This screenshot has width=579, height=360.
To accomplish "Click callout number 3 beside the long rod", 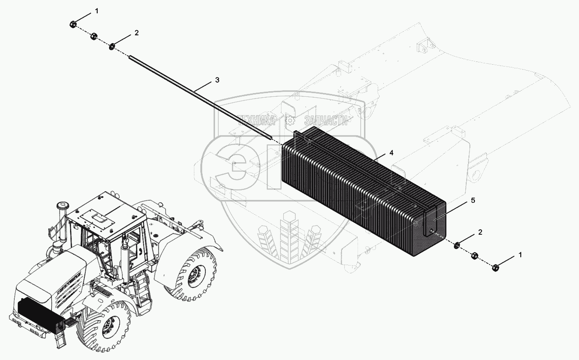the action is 217,80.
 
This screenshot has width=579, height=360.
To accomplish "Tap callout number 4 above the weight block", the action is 392,153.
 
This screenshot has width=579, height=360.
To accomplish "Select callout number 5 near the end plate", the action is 473,200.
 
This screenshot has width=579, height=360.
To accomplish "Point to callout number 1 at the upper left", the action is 97,11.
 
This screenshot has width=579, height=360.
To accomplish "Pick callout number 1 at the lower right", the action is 520,255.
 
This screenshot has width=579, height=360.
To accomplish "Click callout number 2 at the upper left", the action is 137,33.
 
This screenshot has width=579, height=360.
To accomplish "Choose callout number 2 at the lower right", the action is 480,232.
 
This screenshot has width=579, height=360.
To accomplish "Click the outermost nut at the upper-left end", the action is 73,25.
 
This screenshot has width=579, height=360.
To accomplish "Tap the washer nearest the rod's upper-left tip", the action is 112,47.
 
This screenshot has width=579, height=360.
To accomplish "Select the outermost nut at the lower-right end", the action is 495,268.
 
